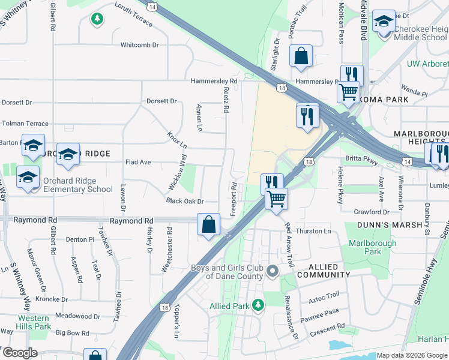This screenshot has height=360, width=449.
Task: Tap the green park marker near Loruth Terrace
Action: point(97,20)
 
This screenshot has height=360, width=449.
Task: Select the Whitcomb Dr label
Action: point(139,45)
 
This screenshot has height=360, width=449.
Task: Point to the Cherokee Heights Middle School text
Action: point(421,33)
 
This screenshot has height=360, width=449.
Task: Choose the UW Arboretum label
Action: point(427,64)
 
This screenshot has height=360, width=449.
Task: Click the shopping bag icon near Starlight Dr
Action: point(301,56)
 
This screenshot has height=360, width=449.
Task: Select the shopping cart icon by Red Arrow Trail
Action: point(276,198)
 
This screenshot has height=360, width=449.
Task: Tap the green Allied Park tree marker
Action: point(258,305)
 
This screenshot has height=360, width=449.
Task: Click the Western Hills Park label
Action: point(34,322)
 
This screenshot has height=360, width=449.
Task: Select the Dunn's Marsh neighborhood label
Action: point(383,225)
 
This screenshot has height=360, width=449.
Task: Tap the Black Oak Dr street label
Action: point(185,202)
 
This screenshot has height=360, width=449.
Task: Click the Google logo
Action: point(19,353)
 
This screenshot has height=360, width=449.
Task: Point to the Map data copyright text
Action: point(412,355)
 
